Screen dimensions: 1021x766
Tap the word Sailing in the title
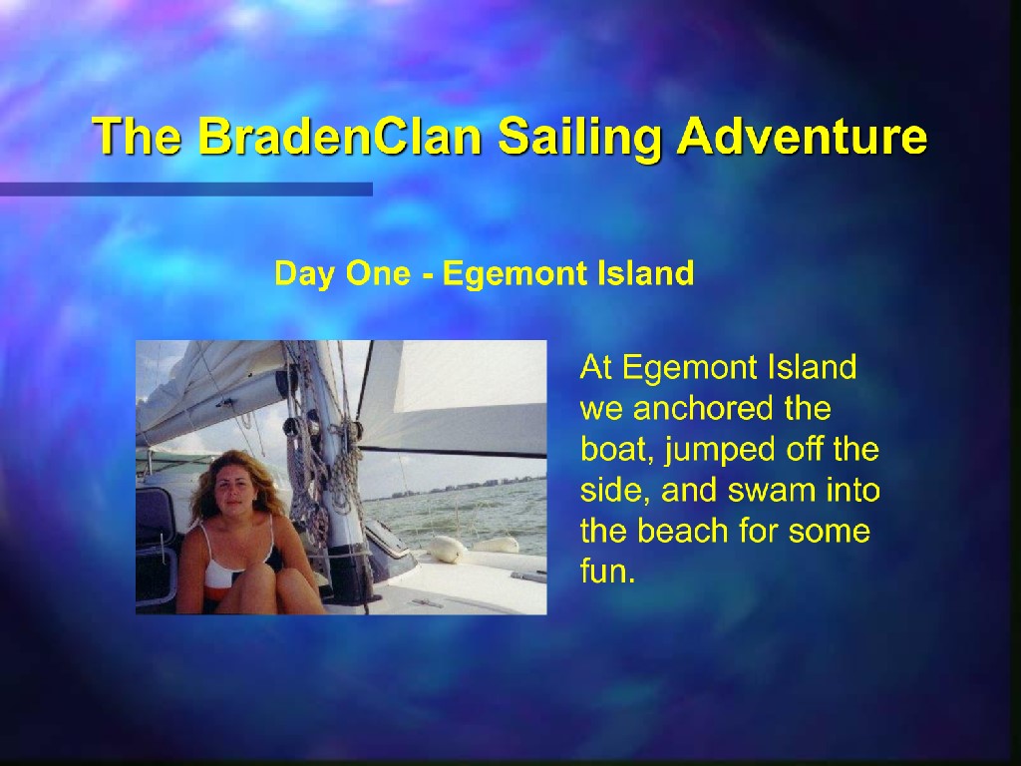579,137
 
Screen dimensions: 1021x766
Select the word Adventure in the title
803,136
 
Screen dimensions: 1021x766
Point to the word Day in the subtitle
304,273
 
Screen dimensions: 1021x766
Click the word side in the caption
611,491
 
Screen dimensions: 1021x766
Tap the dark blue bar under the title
186,189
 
